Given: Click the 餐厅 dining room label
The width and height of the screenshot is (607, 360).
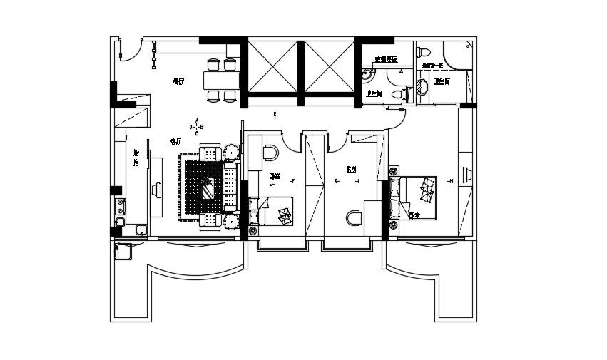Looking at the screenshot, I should point(178,81).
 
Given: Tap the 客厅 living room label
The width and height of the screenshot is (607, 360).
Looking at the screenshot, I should point(175,141).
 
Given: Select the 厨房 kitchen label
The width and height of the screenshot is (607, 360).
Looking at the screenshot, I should point(136,158).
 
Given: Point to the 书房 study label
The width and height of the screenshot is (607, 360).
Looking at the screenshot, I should point(350,170).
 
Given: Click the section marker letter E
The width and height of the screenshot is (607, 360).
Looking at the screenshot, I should point(275,114).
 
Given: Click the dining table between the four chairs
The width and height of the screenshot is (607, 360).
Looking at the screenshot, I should point(220,80).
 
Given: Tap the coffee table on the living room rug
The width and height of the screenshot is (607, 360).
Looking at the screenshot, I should point(208,189).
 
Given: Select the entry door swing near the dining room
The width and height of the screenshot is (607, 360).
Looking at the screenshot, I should point(131,50).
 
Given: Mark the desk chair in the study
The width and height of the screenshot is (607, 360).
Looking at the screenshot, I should point(352,217).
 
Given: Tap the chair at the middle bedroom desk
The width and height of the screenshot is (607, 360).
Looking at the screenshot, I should point(271,152).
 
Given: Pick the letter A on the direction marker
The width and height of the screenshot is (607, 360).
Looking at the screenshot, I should point(197,120).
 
